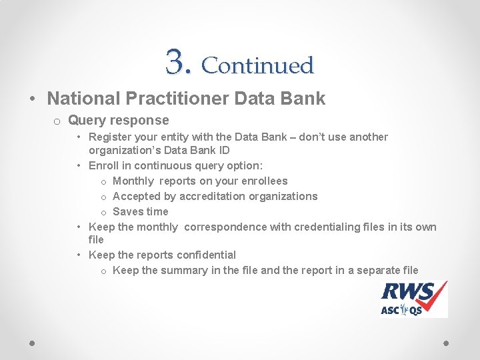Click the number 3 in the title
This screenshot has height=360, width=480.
tap(176, 62)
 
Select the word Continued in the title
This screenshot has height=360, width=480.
tap(257, 65)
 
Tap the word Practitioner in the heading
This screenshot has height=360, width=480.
tap(174, 99)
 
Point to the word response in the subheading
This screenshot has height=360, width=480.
tap(141, 121)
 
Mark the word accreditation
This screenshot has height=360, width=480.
tap(213, 197)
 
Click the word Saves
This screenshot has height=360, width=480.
tap(128, 212)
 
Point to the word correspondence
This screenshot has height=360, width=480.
tap(225, 227)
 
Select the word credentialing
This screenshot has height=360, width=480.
tap(305, 227)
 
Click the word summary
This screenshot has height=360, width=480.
tap(181, 271)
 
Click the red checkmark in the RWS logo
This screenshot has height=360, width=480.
tap(437, 293)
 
